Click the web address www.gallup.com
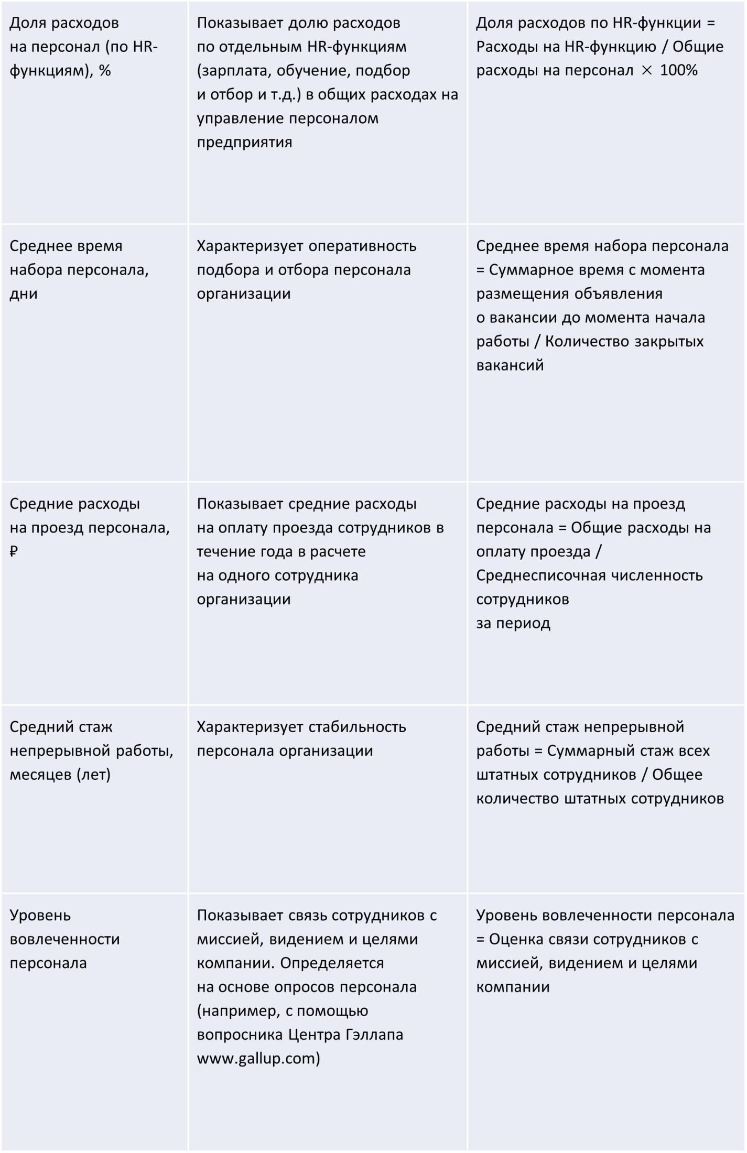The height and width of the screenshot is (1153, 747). pyautogui.click(x=258, y=1059)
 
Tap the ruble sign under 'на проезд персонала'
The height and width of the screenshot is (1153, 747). pyautogui.click(x=14, y=552)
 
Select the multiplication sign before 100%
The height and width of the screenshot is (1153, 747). pyautogui.click(x=647, y=71)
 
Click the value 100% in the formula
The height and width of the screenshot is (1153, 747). pyautogui.click(x=679, y=71)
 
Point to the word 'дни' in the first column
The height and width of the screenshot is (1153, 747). pyautogui.click(x=24, y=293)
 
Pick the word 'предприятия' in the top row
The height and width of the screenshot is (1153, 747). pyautogui.click(x=244, y=142)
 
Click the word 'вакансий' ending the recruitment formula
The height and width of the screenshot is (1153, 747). pyautogui.click(x=510, y=365)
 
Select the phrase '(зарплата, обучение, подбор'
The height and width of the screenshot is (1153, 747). pyautogui.click(x=304, y=71)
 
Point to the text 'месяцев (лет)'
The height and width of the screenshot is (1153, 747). pyautogui.click(x=60, y=775)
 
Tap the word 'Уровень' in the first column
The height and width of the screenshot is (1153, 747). pyautogui.click(x=40, y=916)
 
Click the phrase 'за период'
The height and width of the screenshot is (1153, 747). pyautogui.click(x=513, y=623)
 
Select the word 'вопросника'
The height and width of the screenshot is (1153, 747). pyautogui.click(x=241, y=1035)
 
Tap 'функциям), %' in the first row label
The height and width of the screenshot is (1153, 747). pyautogui.click(x=60, y=71)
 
